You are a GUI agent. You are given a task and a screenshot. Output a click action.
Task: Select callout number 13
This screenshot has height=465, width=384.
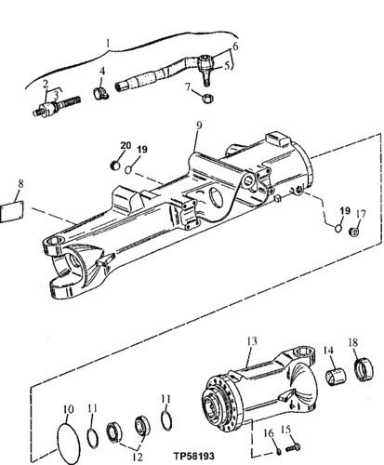tap(250, 341)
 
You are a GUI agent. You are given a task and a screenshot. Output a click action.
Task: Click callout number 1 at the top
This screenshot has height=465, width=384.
tap(109, 43)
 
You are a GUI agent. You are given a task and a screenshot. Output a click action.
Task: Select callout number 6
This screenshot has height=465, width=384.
tap(235, 46)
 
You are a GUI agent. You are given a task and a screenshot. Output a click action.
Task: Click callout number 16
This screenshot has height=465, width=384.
tap(267, 432)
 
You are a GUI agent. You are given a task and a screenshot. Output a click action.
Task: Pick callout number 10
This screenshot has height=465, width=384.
tap(66, 408)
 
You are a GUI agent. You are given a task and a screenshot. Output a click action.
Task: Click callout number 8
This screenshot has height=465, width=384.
tap(21, 185)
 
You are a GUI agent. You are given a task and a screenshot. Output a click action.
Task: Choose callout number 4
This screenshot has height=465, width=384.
tap(102, 70)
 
